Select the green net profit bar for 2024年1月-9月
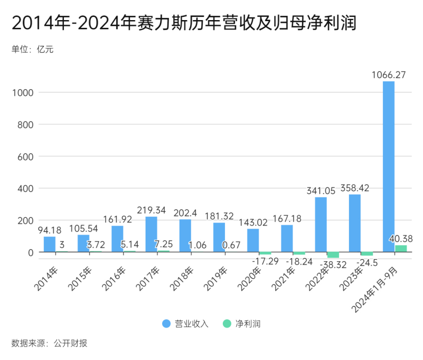point(401,249)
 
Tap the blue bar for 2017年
point(151,234)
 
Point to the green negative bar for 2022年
point(333,255)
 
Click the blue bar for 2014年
point(49,244)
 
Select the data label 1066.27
point(389,75)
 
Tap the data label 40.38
point(401,238)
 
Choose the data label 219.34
point(151,210)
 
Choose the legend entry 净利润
point(242,323)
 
